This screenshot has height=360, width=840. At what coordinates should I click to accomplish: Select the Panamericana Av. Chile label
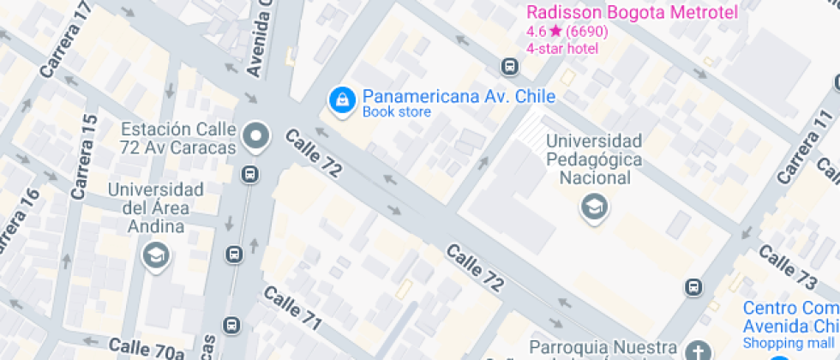458,96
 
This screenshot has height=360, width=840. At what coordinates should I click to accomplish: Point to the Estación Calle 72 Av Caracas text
178,139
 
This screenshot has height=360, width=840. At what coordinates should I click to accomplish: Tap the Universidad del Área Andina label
155,208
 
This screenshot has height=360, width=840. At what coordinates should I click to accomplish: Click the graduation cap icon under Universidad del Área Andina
156,255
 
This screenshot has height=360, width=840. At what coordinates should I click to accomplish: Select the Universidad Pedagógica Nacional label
594,159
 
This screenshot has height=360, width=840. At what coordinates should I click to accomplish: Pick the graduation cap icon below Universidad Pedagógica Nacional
591,207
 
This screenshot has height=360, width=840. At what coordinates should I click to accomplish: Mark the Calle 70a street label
147,348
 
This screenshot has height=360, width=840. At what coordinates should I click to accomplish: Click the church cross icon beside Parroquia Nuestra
698,351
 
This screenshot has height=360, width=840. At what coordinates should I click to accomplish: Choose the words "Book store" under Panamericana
397,111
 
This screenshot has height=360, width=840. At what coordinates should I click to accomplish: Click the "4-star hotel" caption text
562,48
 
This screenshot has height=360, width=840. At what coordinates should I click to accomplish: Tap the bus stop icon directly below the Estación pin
249,175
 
